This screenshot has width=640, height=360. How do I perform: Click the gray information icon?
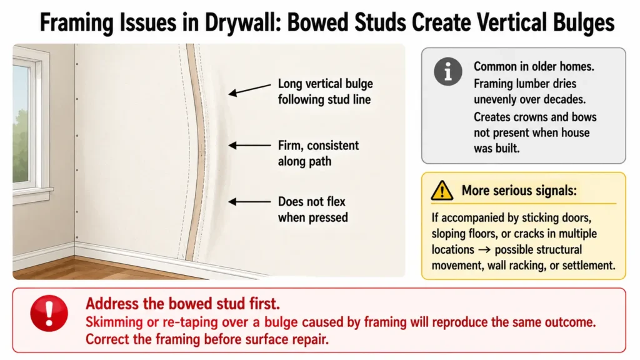[x=447, y=71]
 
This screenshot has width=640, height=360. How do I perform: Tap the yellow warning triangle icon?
[x=442, y=191]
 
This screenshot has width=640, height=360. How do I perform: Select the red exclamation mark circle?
[x=49, y=313]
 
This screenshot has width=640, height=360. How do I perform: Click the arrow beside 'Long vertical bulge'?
[x=249, y=90]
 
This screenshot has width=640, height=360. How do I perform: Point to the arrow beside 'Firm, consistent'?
[x=249, y=145]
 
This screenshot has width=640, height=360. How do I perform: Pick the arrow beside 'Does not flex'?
[x=249, y=202]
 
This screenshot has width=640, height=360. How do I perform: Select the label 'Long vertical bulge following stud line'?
[x=325, y=91]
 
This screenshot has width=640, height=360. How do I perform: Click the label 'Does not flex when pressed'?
[x=312, y=209]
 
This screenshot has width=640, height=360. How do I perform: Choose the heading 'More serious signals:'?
[x=519, y=190]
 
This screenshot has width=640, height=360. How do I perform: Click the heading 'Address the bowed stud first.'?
[x=183, y=304]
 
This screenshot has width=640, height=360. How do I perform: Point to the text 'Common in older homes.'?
[x=534, y=66]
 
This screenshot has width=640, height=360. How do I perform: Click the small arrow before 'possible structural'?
[x=485, y=250]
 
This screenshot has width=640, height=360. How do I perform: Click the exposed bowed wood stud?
[x=196, y=151]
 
